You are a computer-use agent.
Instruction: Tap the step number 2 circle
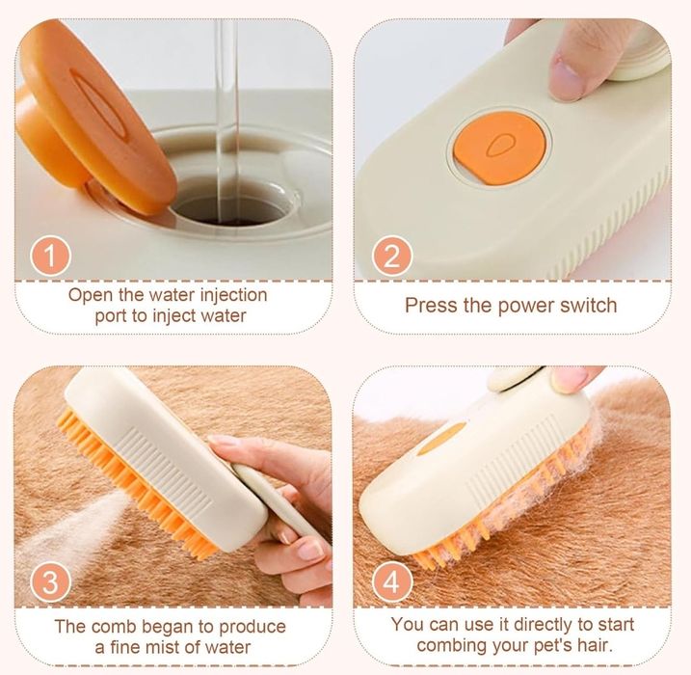coord(391,256)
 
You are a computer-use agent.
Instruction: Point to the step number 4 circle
coord(391,582)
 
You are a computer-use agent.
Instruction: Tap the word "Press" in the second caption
coord(429,306)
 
